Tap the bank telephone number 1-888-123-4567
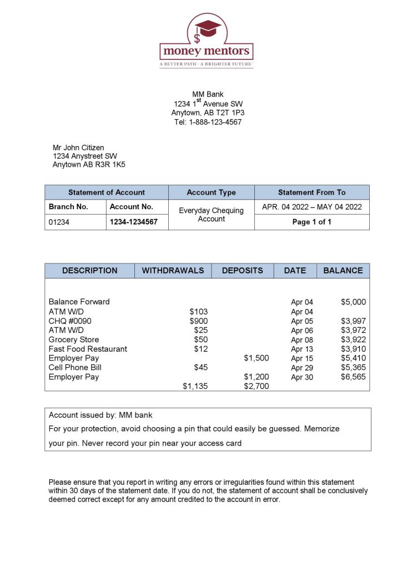tap(208, 122)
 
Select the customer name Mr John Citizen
tap(78, 148)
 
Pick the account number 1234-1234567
tap(134, 222)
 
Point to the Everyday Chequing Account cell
tap(211, 215)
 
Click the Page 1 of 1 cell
tap(311, 222)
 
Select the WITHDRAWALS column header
tap(173, 271)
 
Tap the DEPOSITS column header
tap(243, 271)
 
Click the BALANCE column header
tap(343, 271)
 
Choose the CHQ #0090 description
tap(70, 321)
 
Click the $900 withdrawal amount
tap(199, 321)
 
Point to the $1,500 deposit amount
tap(257, 358)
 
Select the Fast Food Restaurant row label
tap(88, 349)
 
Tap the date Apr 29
tap(302, 368)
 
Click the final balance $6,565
tap(353, 377)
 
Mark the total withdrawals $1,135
tap(195, 386)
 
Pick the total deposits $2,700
tap(257, 386)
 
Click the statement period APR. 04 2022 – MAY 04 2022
tap(311, 207)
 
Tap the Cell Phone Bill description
tap(75, 367)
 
